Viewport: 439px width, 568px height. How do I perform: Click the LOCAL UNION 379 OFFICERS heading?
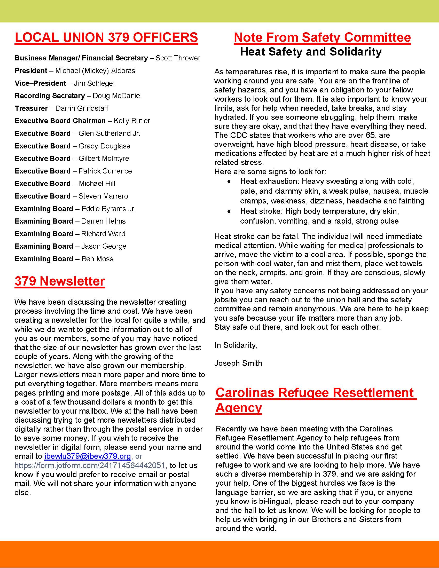click(x=106, y=37)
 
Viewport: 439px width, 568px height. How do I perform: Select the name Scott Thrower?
click(x=178, y=58)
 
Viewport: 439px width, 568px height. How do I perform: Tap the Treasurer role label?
click(x=31, y=108)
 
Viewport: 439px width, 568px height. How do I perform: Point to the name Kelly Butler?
click(x=132, y=121)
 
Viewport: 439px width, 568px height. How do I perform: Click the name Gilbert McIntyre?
click(x=104, y=158)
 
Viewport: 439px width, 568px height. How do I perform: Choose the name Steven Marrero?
click(x=103, y=196)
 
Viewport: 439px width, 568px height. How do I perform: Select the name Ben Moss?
click(x=97, y=259)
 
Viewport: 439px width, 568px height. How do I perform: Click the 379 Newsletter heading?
click(x=60, y=281)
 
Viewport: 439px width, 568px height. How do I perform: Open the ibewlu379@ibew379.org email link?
click(x=87, y=456)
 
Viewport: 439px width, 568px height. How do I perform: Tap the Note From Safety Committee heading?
click(x=322, y=37)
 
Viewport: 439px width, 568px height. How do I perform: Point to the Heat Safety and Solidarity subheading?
click(x=311, y=52)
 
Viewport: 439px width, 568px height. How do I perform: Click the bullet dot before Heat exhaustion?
click(x=229, y=182)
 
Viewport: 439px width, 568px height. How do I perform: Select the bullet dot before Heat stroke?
click(x=229, y=211)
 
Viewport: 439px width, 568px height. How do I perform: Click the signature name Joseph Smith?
click(x=238, y=363)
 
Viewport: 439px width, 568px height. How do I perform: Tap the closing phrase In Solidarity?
click(x=236, y=345)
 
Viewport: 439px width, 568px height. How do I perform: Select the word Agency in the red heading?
click(x=239, y=407)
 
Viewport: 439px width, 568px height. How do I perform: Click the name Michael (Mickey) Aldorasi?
click(x=96, y=71)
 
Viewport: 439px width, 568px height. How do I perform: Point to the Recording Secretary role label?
click(x=50, y=96)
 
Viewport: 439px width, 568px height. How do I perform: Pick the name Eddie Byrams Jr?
click(x=108, y=209)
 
